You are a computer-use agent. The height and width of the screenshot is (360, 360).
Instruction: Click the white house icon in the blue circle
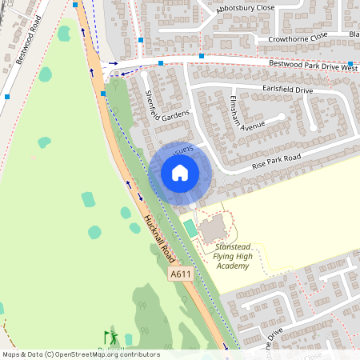(x=180, y=173)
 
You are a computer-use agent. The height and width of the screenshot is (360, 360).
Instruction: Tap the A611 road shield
(x=181, y=274)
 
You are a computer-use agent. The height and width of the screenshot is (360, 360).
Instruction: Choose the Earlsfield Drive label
(x=287, y=90)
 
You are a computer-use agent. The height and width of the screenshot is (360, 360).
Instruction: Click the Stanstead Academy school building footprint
(x=213, y=230)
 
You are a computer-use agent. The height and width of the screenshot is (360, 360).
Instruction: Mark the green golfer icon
(x=110, y=337)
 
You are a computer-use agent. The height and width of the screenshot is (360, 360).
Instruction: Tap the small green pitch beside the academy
(x=190, y=228)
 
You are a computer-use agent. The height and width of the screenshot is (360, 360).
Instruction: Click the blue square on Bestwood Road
(x=7, y=97)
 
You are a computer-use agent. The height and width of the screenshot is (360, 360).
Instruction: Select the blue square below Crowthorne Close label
(x=202, y=56)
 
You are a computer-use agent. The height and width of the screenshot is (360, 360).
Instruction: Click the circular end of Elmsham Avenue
(x=282, y=117)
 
